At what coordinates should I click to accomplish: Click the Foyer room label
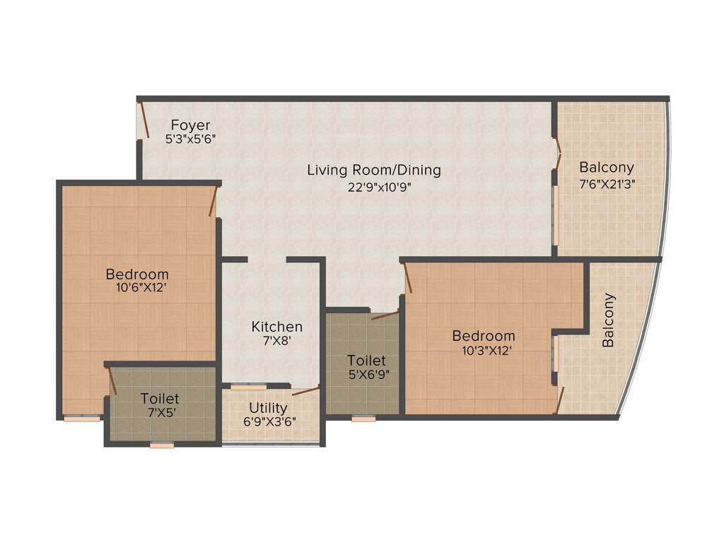pyautogui.click(x=190, y=126)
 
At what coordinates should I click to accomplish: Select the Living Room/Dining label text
pyautogui.click(x=373, y=170)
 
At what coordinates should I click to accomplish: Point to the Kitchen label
pyautogui.click(x=277, y=327)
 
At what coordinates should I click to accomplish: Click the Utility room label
pyautogui.click(x=268, y=408)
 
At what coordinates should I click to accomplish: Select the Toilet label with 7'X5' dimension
pyautogui.click(x=159, y=399)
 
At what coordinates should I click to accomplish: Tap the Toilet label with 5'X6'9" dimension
pyautogui.click(x=366, y=361)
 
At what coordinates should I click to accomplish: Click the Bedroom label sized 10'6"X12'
pyautogui.click(x=137, y=274)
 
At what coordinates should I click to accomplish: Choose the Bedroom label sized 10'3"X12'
pyautogui.click(x=484, y=336)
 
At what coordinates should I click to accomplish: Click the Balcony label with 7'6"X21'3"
pyautogui.click(x=607, y=168)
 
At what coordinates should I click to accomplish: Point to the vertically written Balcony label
pyautogui.click(x=609, y=320)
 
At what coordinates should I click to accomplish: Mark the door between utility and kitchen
pyautogui.click(x=305, y=390)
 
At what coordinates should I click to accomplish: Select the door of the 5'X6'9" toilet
pyautogui.click(x=385, y=315)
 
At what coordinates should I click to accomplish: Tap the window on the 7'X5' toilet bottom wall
pyautogui.click(x=162, y=445)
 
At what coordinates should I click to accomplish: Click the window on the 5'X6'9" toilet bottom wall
pyautogui.click(x=363, y=419)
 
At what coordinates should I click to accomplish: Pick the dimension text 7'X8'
pyautogui.click(x=277, y=341)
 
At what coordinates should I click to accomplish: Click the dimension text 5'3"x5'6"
pyautogui.click(x=190, y=140)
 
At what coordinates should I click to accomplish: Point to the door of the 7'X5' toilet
pyautogui.click(x=112, y=380)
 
